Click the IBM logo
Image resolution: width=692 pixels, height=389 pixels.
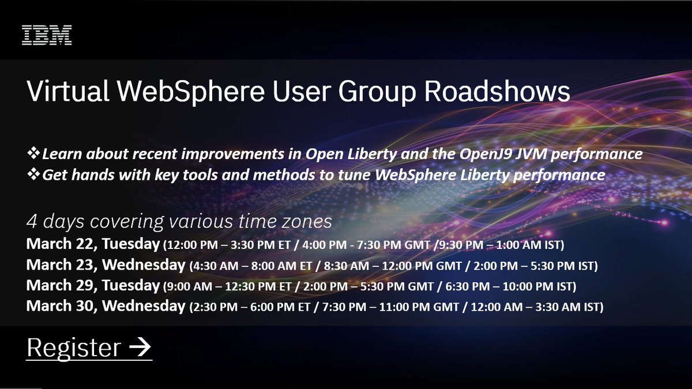pos(47,35)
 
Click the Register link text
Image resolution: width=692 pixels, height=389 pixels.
pos(73,348)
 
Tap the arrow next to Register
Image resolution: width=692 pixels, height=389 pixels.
pos(140,348)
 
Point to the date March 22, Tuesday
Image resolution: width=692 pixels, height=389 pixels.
pos(93,244)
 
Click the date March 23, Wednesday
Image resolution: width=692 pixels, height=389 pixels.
pos(106,265)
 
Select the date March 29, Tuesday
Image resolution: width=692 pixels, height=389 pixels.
pos(93,286)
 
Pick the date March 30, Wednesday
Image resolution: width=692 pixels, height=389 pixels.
pos(106,307)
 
